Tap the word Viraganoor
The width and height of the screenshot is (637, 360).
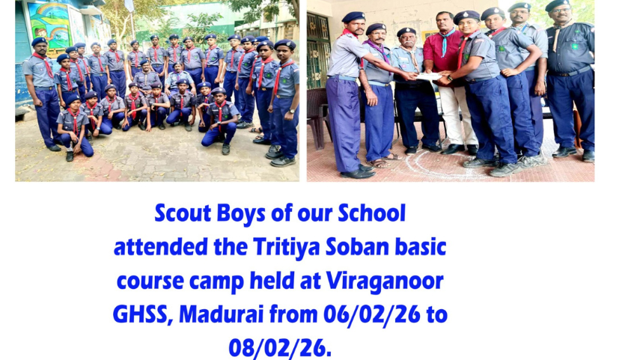(384, 281)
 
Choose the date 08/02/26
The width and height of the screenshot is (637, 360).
(280, 349)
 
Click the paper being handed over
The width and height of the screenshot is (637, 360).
(430, 76)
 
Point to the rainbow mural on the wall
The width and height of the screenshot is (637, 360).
(49, 25)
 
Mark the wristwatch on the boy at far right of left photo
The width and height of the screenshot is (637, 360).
(291, 111)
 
